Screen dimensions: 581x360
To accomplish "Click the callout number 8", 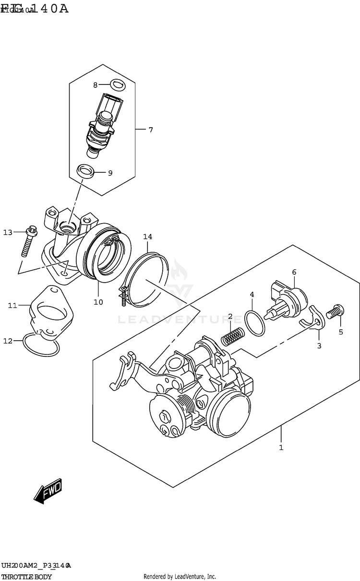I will (95, 85).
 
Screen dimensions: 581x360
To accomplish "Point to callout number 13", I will (8, 233).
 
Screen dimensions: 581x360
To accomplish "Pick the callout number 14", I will (147, 237).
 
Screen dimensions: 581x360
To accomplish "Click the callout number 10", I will (98, 302).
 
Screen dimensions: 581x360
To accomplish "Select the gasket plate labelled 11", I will (50, 312).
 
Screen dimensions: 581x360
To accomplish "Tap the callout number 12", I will (8, 341).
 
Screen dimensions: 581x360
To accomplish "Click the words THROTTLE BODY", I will (26, 577).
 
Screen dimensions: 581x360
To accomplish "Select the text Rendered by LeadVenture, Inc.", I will (180, 577).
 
